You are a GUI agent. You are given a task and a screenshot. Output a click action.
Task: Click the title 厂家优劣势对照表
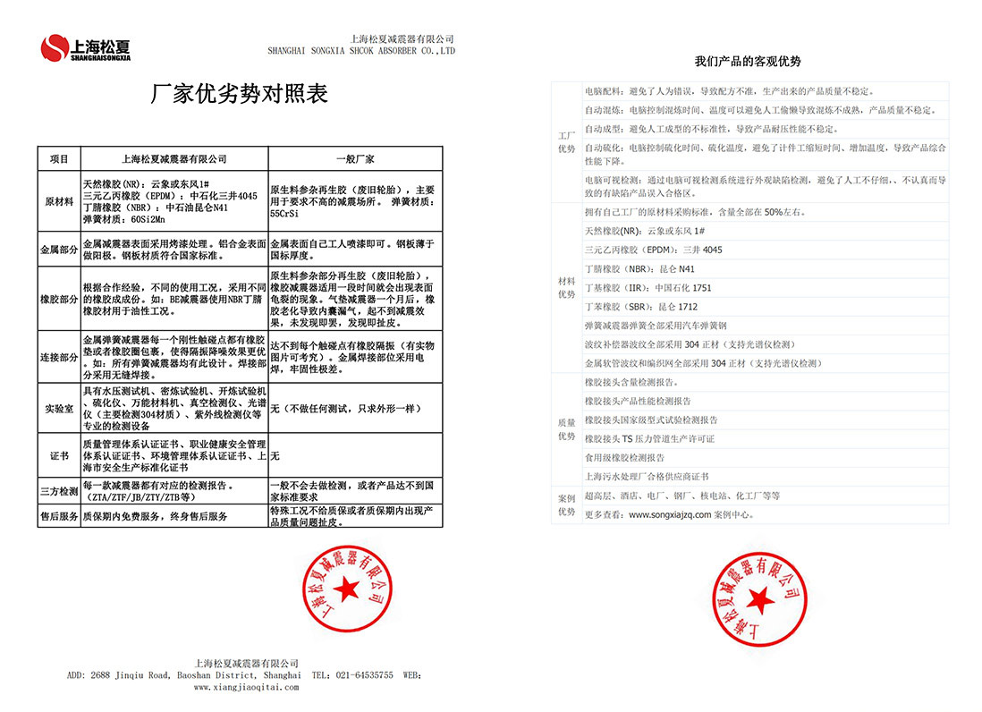pyautogui.click(x=241, y=95)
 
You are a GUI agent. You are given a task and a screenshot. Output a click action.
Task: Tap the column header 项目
pyautogui.click(x=59, y=158)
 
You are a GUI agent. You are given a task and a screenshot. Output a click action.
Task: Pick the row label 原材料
pyautogui.click(x=59, y=202)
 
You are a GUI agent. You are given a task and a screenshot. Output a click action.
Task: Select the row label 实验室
pyautogui.click(x=59, y=409)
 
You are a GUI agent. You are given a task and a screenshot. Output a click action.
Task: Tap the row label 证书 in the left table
pyautogui.click(x=59, y=456)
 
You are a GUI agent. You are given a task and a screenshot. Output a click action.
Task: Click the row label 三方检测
pyautogui.click(x=59, y=492)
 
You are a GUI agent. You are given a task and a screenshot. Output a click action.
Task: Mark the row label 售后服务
pyautogui.click(x=59, y=516)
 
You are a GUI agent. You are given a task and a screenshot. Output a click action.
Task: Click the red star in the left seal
pyautogui.click(x=345, y=591)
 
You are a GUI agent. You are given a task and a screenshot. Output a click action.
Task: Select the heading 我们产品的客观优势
pyautogui.click(x=748, y=62)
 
